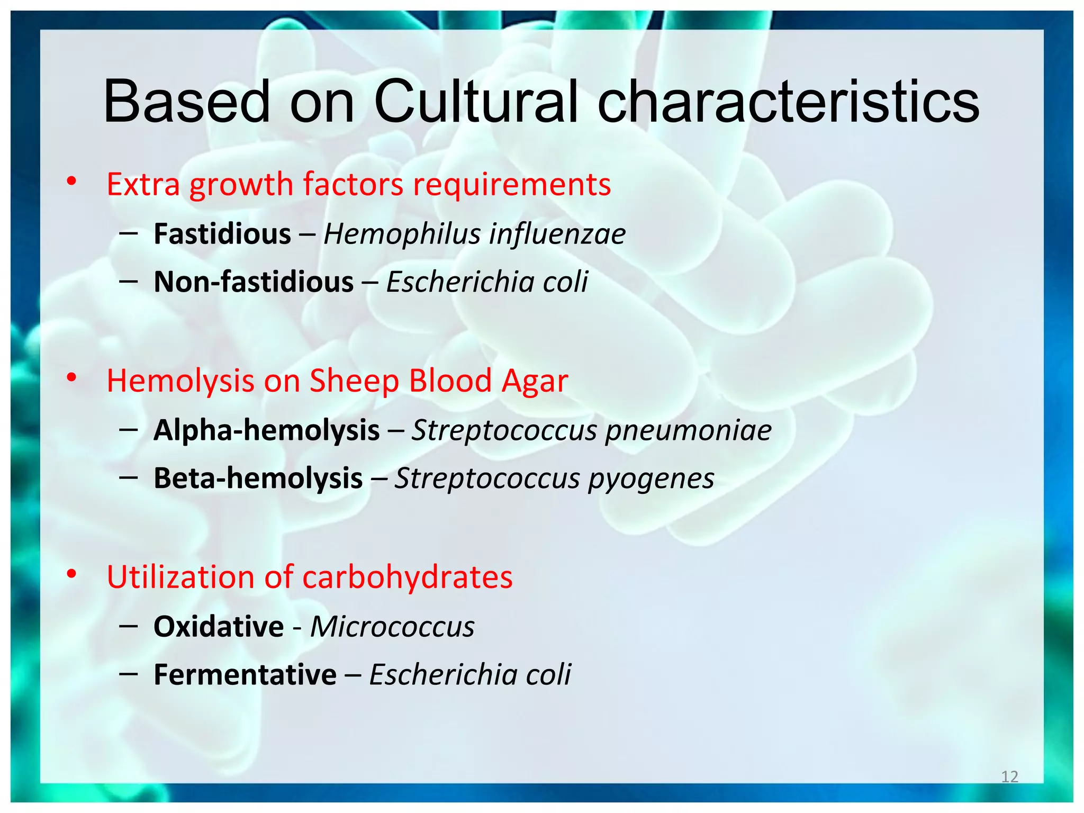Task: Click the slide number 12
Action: (x=1009, y=776)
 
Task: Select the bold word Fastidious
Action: (x=222, y=234)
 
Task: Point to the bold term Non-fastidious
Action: (x=254, y=282)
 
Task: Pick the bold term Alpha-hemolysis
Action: (x=266, y=430)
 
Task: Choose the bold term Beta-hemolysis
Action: (x=258, y=478)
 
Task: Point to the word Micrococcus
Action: (x=392, y=627)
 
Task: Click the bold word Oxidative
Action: (x=219, y=627)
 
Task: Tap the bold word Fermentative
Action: (x=245, y=674)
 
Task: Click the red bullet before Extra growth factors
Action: (x=71, y=182)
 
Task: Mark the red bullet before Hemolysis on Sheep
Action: (x=71, y=378)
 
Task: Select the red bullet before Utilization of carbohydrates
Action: (x=71, y=574)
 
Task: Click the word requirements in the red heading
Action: (x=512, y=185)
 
